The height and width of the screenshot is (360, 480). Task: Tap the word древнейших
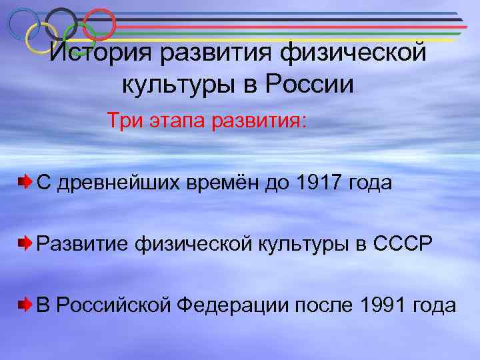click(x=117, y=183)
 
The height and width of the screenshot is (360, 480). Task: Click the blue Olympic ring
click(x=24, y=25)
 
